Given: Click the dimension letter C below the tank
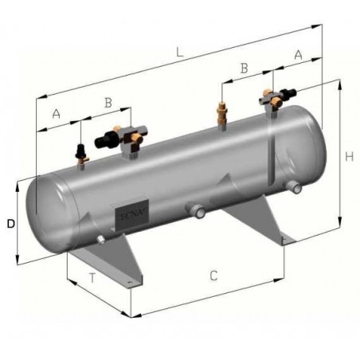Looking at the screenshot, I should click(213, 276).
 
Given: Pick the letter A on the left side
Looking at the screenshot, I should click(56, 113).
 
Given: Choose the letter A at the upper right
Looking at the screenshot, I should click(298, 55).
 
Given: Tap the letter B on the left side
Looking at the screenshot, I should click(108, 102).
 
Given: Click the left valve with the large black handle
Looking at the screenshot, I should click(112, 139).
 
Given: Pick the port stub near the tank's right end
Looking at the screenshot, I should click(295, 186).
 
